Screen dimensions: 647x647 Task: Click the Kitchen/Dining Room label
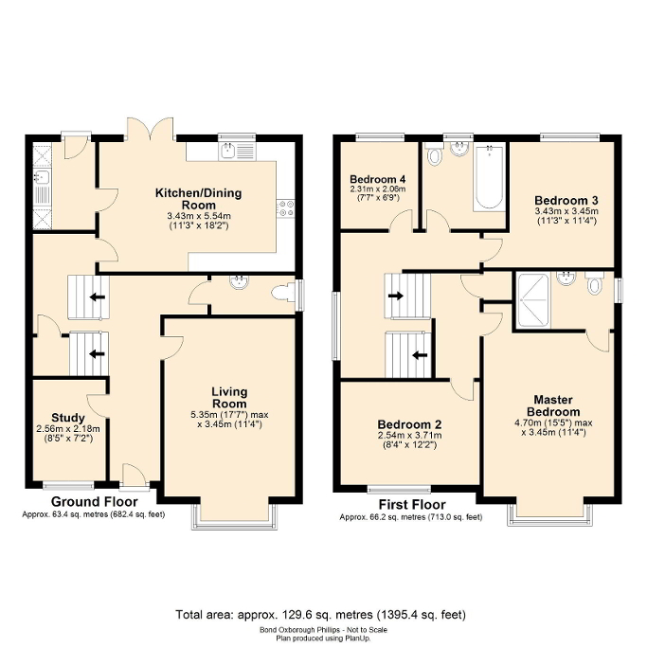[199, 199]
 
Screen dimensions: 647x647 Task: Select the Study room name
[69, 418]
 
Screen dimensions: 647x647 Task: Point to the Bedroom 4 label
[376, 179]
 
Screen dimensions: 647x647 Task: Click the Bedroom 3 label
[566, 200]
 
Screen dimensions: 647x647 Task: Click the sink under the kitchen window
[232, 150]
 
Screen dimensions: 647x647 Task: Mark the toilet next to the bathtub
[434, 155]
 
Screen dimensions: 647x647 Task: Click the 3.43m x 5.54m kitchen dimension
[199, 216]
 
